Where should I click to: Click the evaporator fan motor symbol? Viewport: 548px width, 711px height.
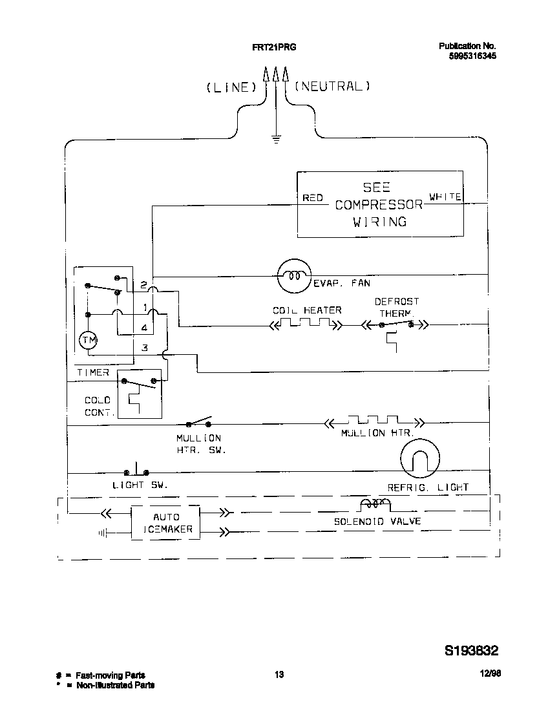click(295, 275)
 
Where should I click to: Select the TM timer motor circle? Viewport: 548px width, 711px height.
click(87, 340)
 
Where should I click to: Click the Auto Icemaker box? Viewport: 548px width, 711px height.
click(165, 523)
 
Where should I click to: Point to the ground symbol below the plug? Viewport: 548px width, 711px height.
click(276, 138)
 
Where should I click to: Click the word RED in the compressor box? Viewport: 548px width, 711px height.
click(313, 198)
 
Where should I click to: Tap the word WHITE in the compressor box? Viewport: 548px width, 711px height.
click(445, 197)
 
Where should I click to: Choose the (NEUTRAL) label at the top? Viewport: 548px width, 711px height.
click(332, 86)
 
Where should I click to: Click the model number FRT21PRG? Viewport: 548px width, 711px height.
click(274, 47)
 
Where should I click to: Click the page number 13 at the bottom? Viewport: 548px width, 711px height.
click(279, 675)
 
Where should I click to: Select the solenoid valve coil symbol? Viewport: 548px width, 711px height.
click(374, 504)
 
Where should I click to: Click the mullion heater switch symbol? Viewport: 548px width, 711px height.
click(199, 423)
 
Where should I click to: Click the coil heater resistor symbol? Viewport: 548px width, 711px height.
click(307, 324)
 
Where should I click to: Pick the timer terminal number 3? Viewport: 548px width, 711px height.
click(145, 348)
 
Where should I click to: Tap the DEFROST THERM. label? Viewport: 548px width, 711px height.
click(396, 306)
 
